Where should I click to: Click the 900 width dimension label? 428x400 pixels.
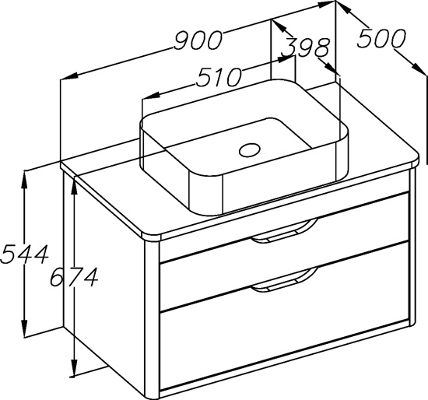[x=198, y=40]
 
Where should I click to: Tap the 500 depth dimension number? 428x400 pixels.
[x=381, y=38]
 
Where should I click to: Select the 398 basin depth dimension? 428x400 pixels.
[x=306, y=47]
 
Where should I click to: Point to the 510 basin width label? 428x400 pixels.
[x=219, y=77]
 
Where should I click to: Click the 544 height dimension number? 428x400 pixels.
[x=25, y=254]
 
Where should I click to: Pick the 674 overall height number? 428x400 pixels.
[x=74, y=277]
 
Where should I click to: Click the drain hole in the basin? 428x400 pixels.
[x=250, y=150]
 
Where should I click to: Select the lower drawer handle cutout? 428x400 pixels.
[x=284, y=280]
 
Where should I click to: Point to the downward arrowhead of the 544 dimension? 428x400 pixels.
[x=25, y=328]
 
